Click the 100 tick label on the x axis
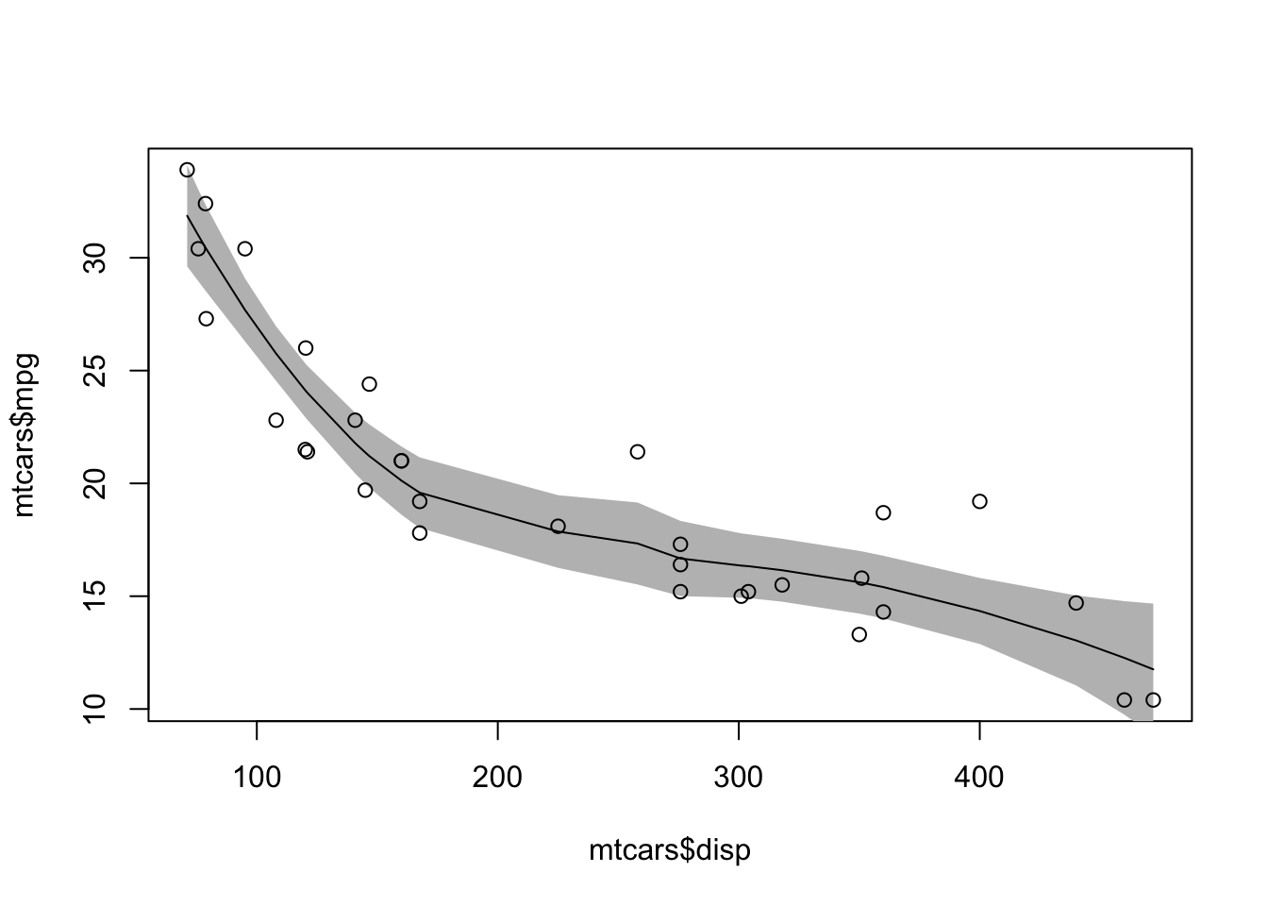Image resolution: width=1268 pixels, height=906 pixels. pos(257,780)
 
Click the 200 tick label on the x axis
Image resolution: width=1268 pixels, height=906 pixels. pos(497,780)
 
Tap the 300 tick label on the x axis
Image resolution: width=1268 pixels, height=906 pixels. pos(738,780)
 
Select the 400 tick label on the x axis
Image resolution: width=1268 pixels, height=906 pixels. pos(979,780)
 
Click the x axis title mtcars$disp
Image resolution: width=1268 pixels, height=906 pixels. pos(670,851)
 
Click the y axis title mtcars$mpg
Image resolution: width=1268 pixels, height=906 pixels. pos(25,435)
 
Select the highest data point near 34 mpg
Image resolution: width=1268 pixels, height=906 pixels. pos(187,170)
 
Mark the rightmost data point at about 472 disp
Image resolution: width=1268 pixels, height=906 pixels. pos(1153,699)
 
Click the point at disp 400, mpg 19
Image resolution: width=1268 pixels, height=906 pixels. pos(979,501)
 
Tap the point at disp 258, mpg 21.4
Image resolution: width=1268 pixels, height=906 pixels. pos(638,451)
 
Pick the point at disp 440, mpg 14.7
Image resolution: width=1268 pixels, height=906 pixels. pos(1076,602)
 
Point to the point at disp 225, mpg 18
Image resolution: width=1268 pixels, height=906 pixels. pos(558,526)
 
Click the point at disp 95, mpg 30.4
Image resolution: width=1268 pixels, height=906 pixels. pos(245,248)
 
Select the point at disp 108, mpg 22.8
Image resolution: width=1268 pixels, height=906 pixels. pos(275,420)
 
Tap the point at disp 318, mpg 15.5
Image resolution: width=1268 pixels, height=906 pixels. pos(782,584)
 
